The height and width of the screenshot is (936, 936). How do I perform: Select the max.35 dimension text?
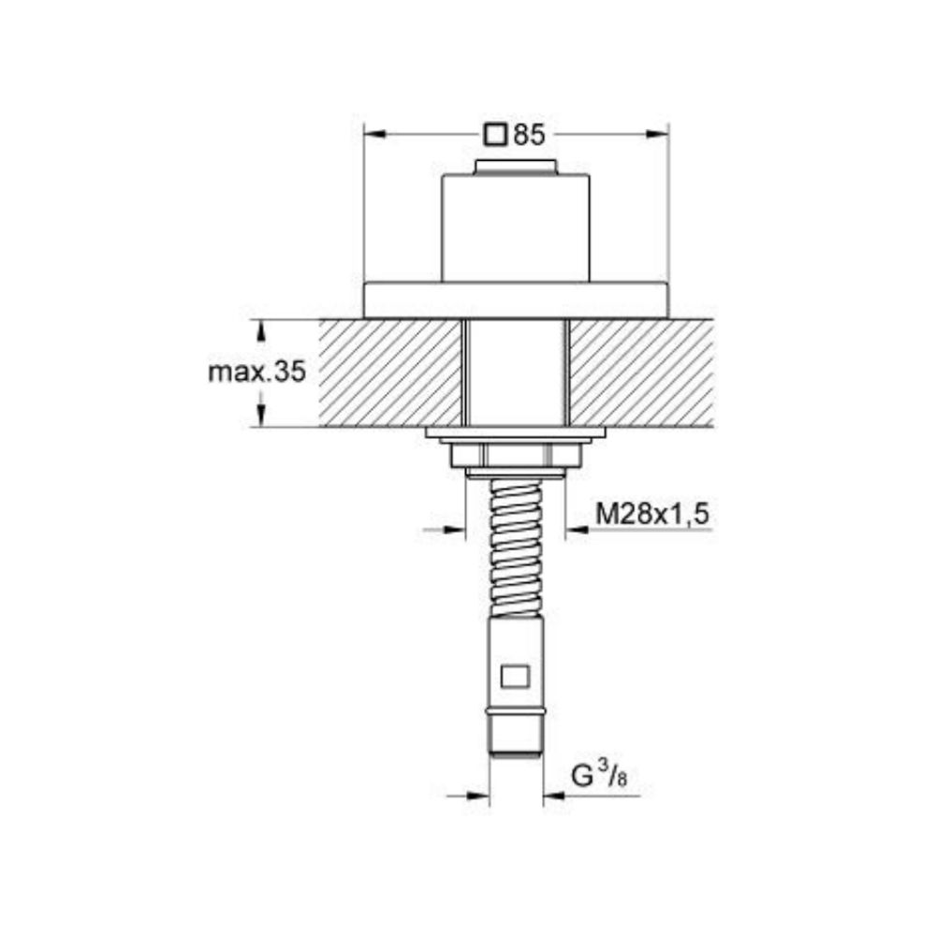(x=256, y=373)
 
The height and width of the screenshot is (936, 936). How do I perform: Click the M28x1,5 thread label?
(x=653, y=513)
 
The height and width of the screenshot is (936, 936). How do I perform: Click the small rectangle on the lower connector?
(x=515, y=677)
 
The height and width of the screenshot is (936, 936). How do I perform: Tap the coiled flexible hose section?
(x=516, y=548)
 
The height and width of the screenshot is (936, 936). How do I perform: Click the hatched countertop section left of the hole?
(x=389, y=373)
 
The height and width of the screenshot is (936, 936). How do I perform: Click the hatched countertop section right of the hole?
(x=640, y=373)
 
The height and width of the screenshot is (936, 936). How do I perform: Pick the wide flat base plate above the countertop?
(x=516, y=300)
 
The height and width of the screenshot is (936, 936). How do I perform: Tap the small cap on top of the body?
(x=516, y=168)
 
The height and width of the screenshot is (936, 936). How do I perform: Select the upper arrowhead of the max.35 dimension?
(x=262, y=329)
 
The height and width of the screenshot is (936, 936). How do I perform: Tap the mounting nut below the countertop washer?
(x=516, y=456)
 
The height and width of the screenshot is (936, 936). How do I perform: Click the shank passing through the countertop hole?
(x=516, y=373)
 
